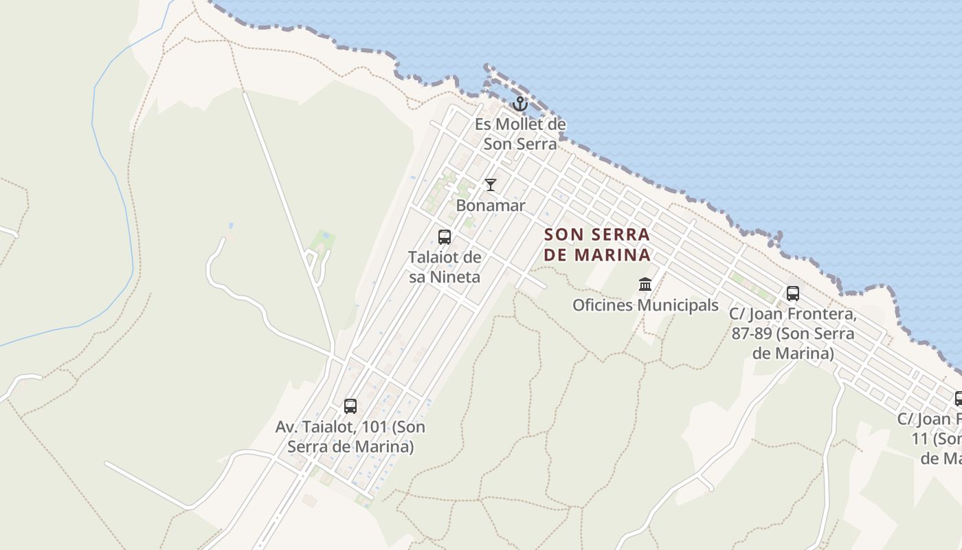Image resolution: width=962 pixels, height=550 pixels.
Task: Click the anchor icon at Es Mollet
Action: [520, 104]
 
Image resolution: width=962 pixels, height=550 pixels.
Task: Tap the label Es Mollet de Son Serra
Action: [520, 134]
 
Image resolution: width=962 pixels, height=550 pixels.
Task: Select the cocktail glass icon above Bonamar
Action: [491, 185]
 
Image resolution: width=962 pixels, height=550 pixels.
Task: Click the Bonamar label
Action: [491, 206]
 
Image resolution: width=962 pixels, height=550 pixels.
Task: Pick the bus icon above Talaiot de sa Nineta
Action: [445, 237]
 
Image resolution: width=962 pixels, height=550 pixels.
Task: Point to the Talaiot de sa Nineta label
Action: [445, 267]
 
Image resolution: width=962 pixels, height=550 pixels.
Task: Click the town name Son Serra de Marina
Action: [596, 244]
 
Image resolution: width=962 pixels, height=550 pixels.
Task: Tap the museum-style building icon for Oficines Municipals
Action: [645, 284]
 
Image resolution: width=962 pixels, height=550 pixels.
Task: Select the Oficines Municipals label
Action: [645, 305]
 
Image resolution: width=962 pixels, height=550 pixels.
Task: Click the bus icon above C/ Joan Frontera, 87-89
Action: [792, 294]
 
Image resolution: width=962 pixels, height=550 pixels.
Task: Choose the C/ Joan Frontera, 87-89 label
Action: [792, 334]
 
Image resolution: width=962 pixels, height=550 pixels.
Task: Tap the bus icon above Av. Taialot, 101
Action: [350, 406]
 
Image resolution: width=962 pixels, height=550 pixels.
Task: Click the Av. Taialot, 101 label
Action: [350, 437]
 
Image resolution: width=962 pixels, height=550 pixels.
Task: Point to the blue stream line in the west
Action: [110, 172]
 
